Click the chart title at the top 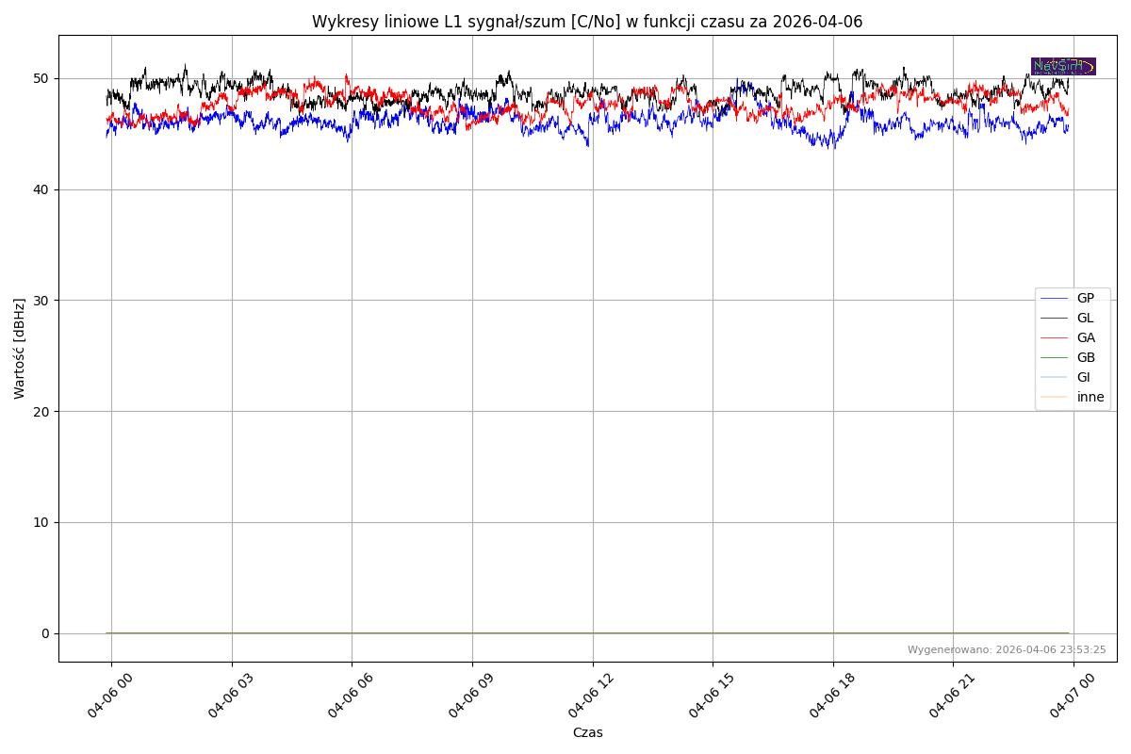point(587,22)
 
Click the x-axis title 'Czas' point(587,733)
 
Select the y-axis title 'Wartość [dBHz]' point(20,349)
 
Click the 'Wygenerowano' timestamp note point(1007,650)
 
